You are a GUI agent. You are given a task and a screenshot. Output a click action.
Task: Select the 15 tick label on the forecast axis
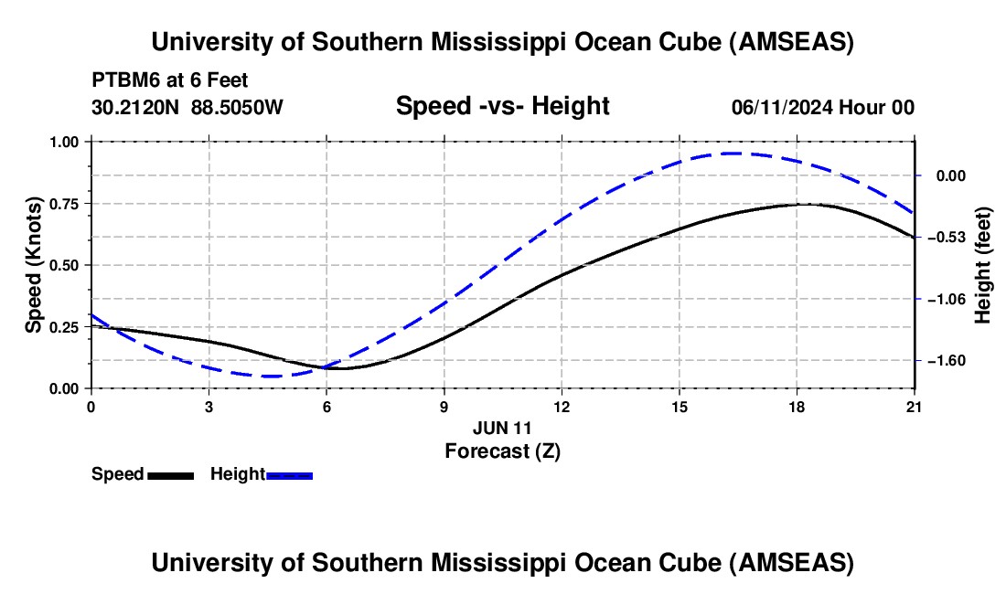click(680, 407)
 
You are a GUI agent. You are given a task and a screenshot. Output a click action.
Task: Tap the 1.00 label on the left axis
click(65, 143)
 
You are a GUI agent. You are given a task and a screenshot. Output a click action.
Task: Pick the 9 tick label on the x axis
click(444, 407)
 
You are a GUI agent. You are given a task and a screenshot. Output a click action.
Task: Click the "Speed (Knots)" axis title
click(34, 265)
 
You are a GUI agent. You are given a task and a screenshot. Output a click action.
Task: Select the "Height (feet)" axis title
click(983, 265)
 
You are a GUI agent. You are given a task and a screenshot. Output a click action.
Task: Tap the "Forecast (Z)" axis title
click(502, 451)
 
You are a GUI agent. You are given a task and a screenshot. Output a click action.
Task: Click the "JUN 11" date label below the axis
click(502, 428)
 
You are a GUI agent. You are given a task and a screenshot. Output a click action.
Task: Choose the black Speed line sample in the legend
click(170, 475)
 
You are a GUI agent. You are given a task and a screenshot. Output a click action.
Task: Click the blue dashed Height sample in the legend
click(290, 475)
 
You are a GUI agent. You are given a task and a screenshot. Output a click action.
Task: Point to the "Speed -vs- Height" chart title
click(502, 106)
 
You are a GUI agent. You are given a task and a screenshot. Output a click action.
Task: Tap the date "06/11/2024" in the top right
click(783, 108)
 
